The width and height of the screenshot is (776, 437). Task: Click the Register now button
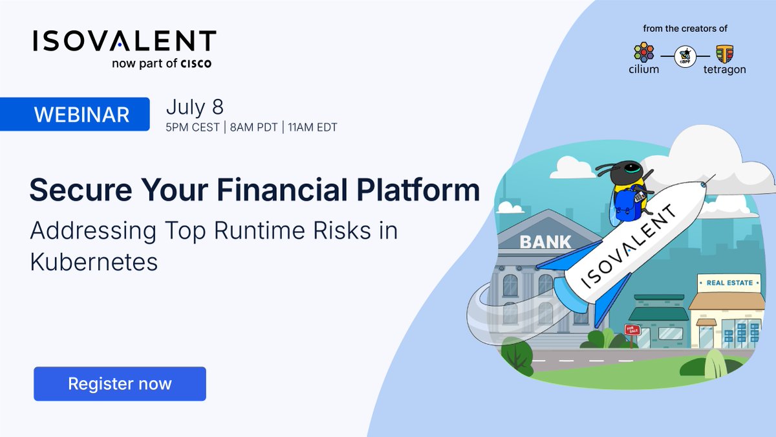120,384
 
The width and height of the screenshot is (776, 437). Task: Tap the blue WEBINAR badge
81,115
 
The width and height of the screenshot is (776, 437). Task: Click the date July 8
195,106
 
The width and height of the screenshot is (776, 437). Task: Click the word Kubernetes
94,262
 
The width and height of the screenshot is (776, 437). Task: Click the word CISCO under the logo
195,63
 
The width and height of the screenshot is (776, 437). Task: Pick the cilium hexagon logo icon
643,52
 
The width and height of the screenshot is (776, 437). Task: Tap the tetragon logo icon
724,52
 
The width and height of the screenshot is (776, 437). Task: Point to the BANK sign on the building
546,242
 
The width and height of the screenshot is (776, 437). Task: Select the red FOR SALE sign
632,330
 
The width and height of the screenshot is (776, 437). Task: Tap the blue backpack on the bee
624,206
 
